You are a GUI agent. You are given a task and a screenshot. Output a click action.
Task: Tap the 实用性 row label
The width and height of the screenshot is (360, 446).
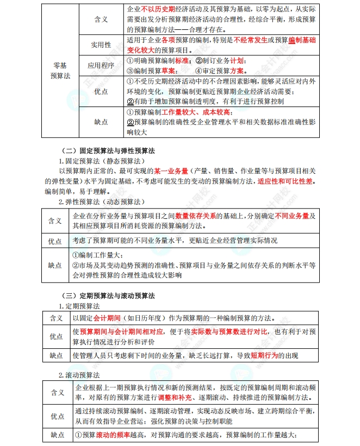101,44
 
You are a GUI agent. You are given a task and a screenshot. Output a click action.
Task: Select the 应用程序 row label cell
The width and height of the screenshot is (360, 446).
101,65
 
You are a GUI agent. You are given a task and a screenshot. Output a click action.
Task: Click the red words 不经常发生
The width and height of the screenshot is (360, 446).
252,40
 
